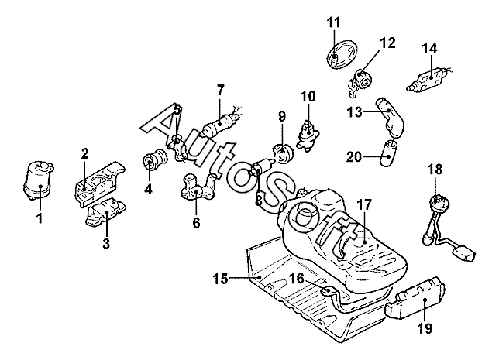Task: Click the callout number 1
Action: [40, 219]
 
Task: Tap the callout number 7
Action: [220, 89]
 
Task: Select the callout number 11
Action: [333, 22]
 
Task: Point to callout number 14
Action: [429, 48]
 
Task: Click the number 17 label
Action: [364, 205]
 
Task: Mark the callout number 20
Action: [353, 157]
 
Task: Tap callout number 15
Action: [221, 279]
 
